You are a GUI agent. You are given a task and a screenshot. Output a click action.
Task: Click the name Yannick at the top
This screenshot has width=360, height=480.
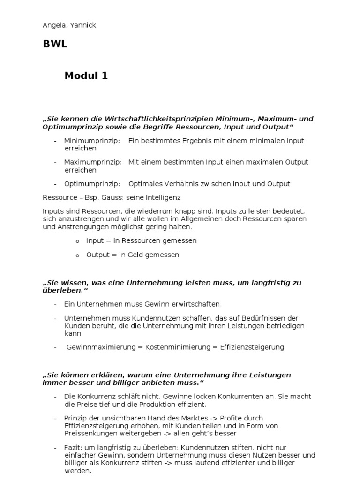pos(82,25)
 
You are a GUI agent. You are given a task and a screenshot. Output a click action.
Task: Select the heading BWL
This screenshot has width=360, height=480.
pos(55,45)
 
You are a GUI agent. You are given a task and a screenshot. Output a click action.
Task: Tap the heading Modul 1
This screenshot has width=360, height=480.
pos(86,75)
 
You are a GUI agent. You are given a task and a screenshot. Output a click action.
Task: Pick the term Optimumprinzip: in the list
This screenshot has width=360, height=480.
pos(92,184)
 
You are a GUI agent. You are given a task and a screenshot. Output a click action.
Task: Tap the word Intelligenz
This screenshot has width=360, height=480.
pos(162,198)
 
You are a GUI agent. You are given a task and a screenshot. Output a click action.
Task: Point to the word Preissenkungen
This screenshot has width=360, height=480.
pos(88,434)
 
